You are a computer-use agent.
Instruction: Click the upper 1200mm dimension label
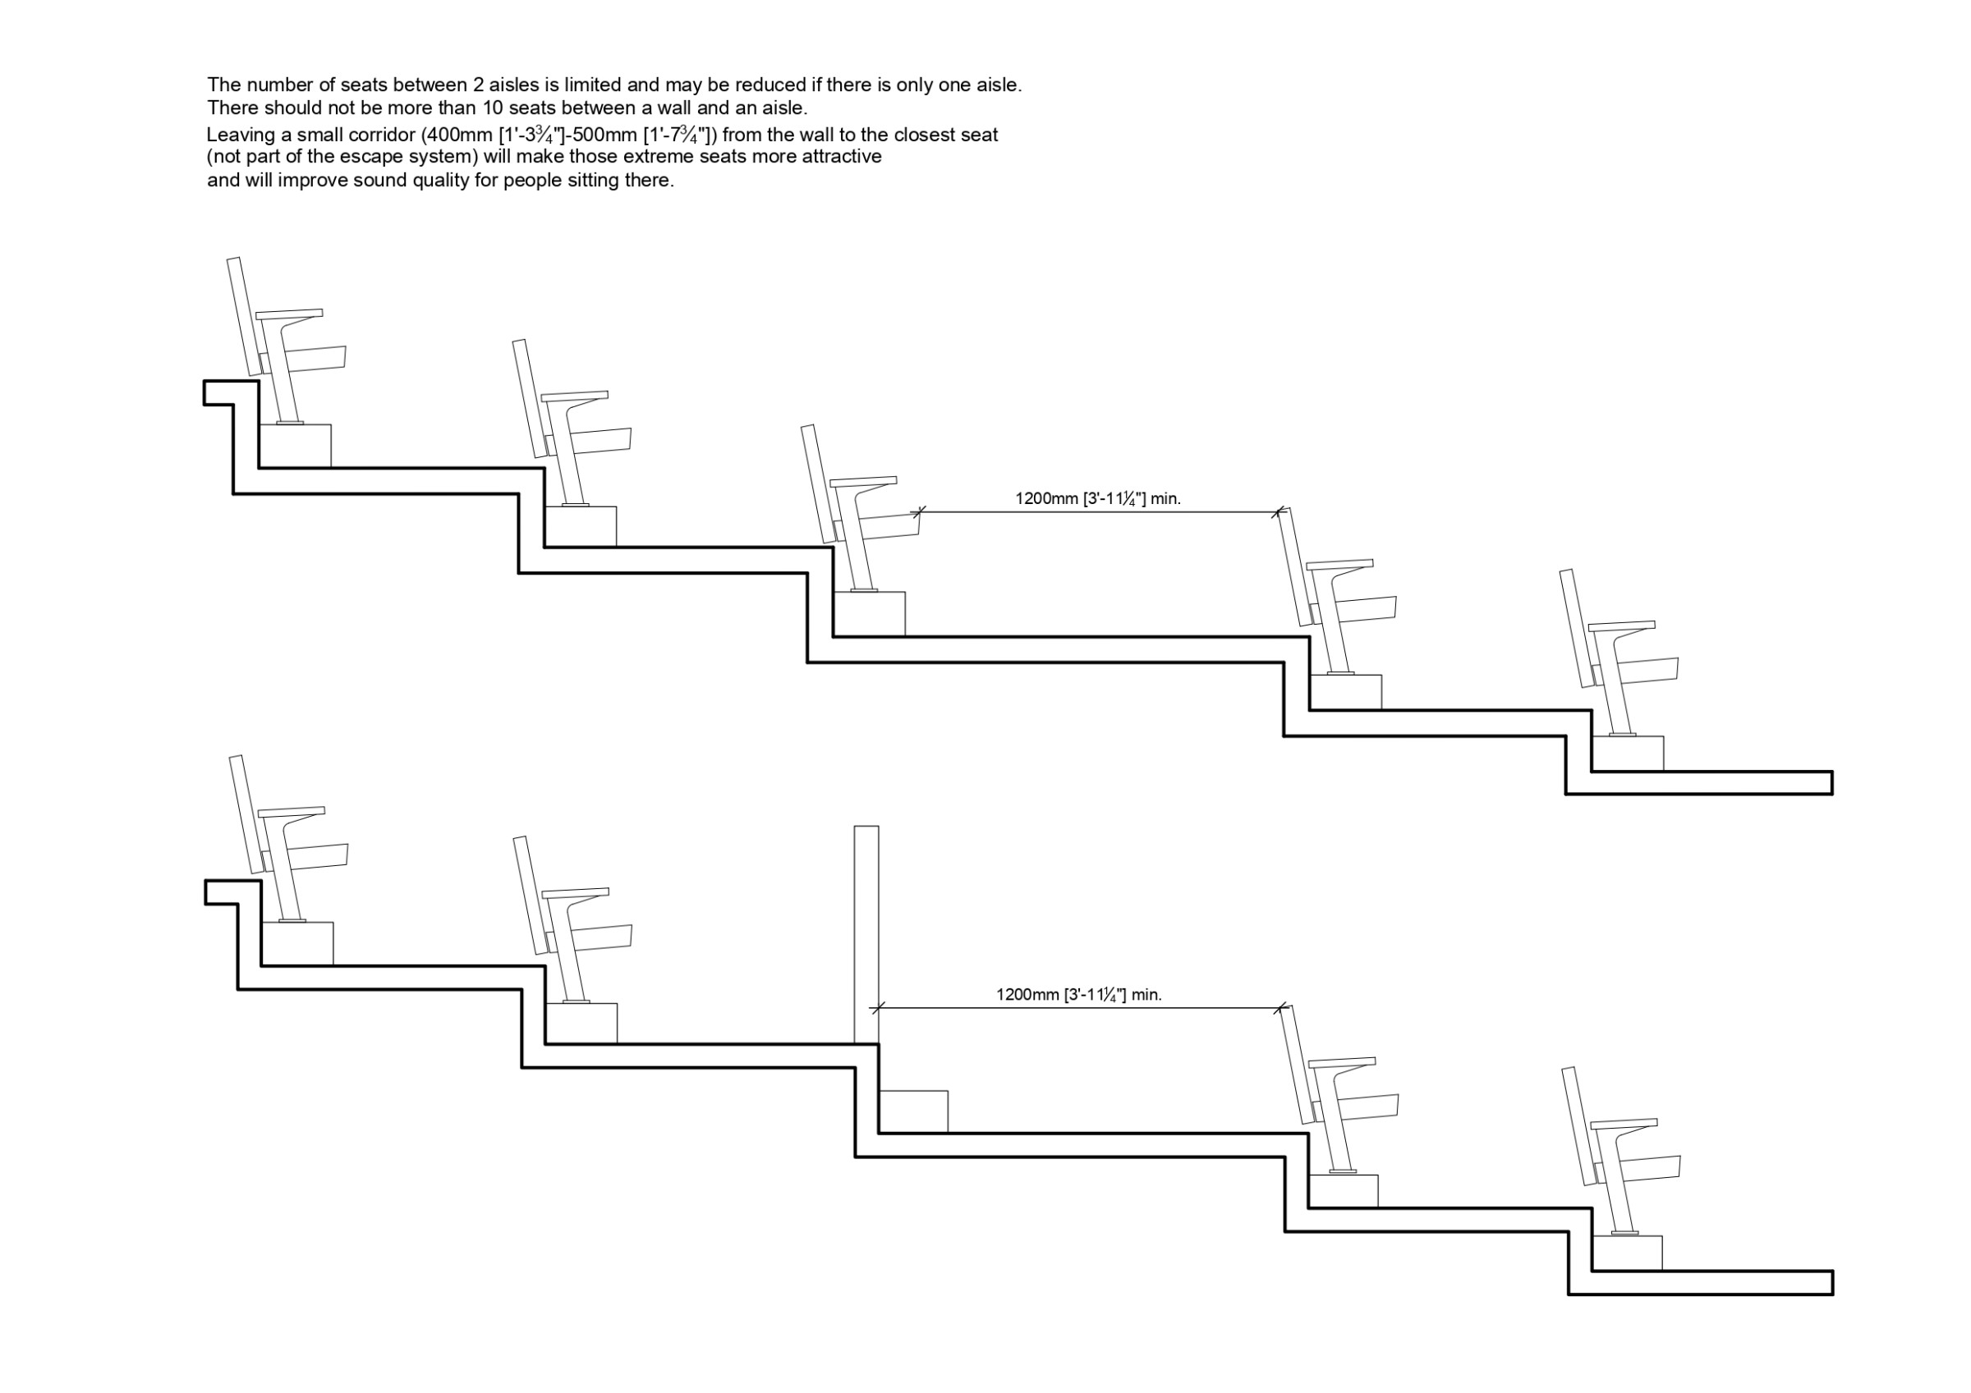pos(1097,498)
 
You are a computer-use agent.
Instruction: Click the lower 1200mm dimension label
pos(1078,995)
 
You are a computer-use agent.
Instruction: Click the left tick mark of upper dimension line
pos(920,512)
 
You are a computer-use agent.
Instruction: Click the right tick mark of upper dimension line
pos(1277,512)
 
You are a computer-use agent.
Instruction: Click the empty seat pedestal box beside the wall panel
pos(913,1111)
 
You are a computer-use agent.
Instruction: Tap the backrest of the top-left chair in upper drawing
pos(244,317)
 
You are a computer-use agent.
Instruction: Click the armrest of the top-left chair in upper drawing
pos(289,314)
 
